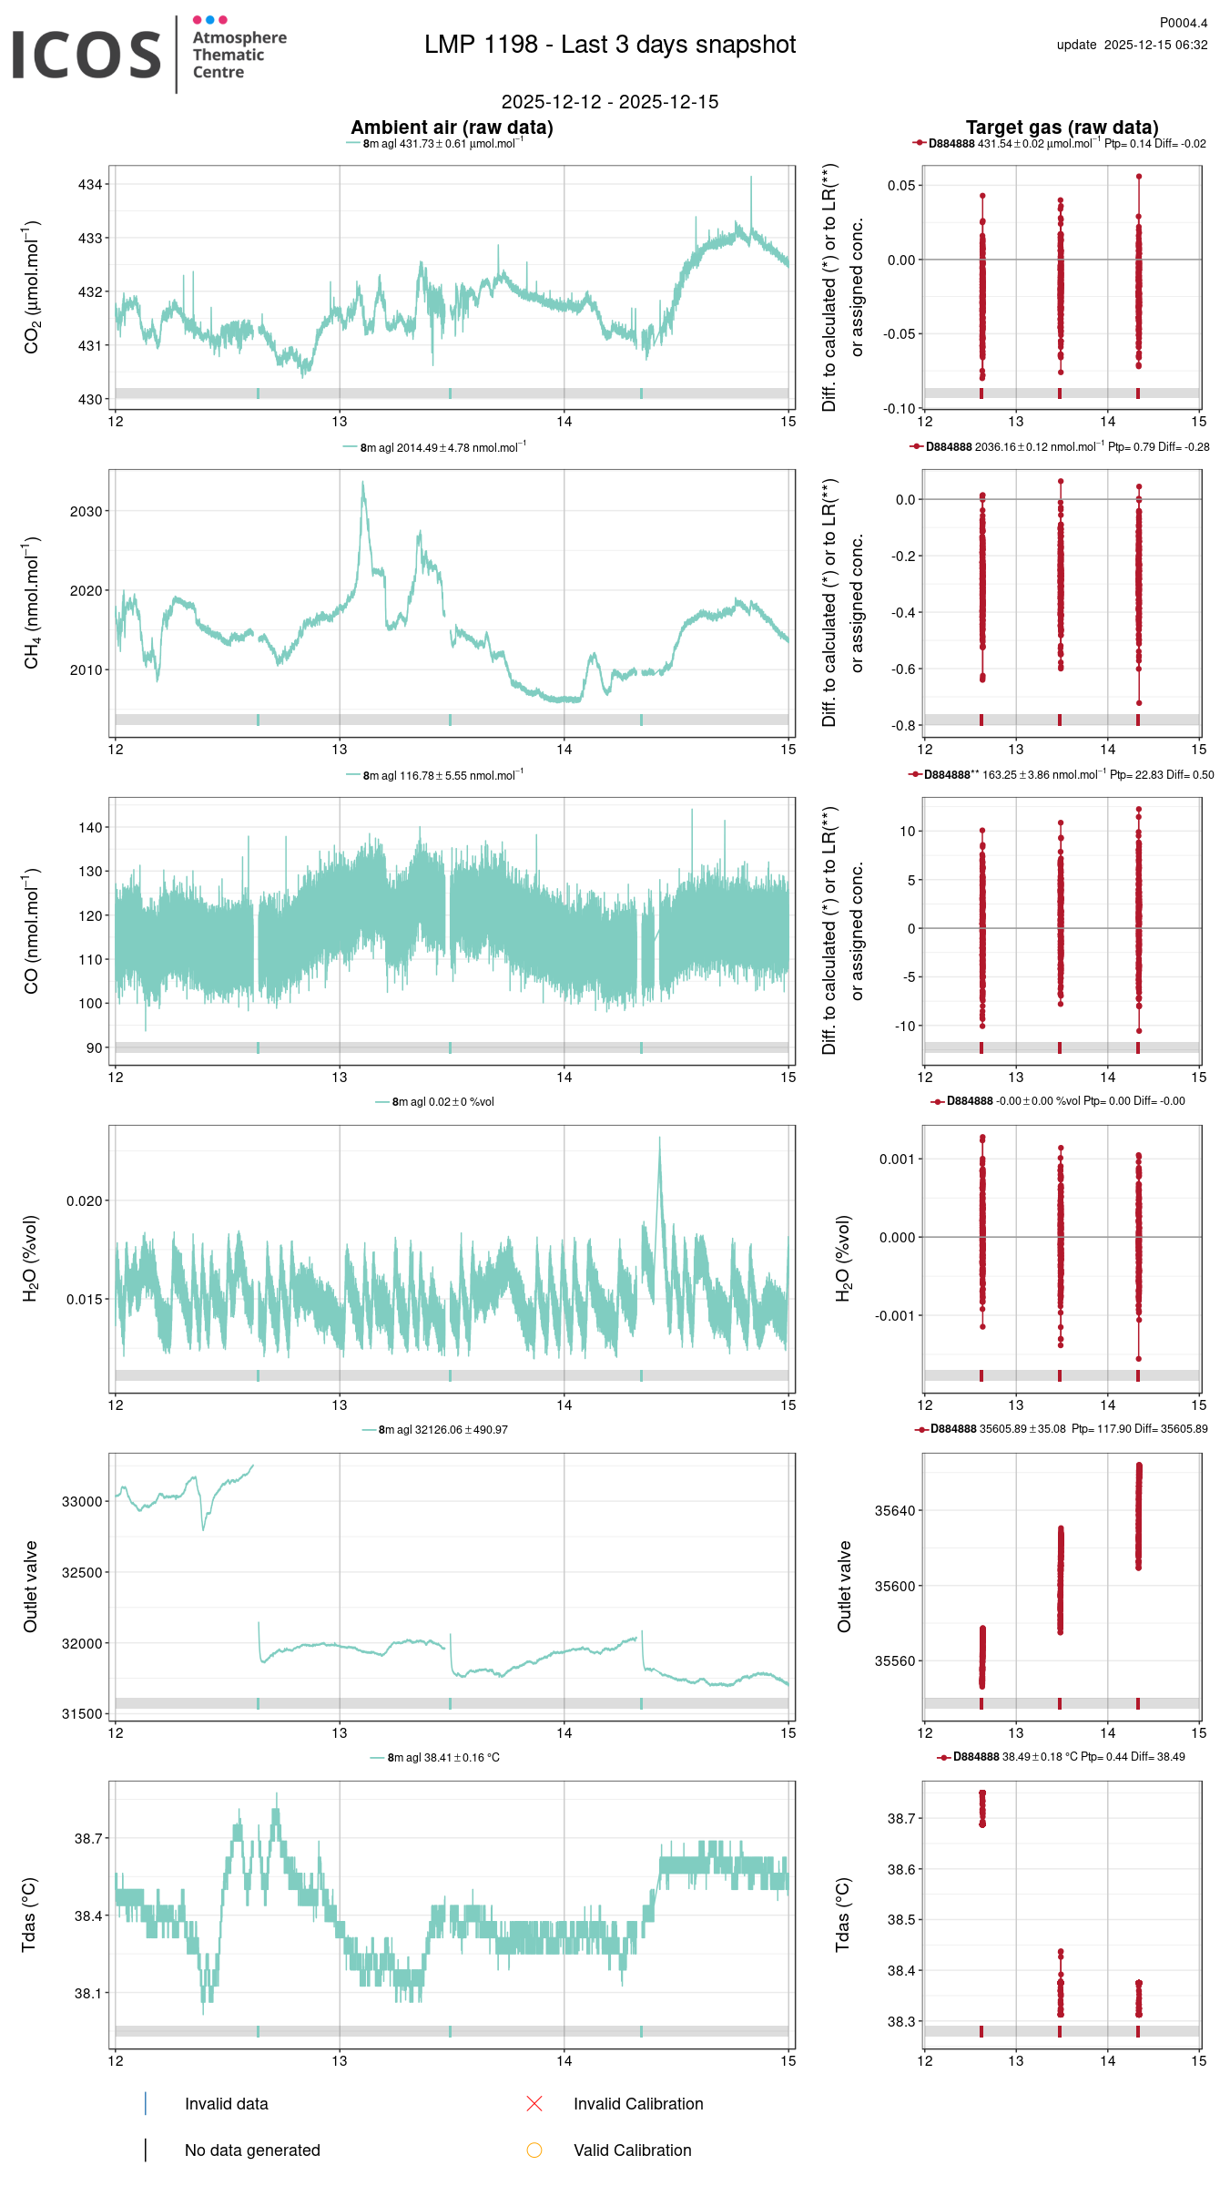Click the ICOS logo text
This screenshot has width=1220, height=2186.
coord(86,55)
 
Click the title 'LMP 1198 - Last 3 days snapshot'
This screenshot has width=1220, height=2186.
coord(610,45)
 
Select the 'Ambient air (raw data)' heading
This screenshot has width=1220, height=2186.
coord(452,128)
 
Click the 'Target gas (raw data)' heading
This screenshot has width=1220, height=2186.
coord(1062,128)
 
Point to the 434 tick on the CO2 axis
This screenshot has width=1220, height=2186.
coord(90,185)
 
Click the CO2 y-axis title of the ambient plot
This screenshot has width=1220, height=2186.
coord(32,287)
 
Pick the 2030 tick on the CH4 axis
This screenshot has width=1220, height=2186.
coord(86,512)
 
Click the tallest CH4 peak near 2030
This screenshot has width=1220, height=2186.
coord(363,484)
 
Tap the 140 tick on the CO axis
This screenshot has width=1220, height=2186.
coord(90,828)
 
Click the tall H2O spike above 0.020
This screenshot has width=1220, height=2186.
coord(660,1140)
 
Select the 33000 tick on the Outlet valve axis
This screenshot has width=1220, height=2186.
coord(82,1502)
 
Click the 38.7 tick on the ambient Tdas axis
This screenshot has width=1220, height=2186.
coord(88,1839)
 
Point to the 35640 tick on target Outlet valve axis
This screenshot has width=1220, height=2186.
coord(895,1511)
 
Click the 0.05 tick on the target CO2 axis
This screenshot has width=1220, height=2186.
coord(901,186)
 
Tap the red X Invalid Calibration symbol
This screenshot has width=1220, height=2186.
coord(534,2103)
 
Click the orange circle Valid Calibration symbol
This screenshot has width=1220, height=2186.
coord(534,2150)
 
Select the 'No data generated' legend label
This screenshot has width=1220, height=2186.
coord(252,2150)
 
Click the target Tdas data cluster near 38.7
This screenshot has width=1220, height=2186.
coord(982,1808)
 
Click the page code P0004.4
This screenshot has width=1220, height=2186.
coord(1183,23)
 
